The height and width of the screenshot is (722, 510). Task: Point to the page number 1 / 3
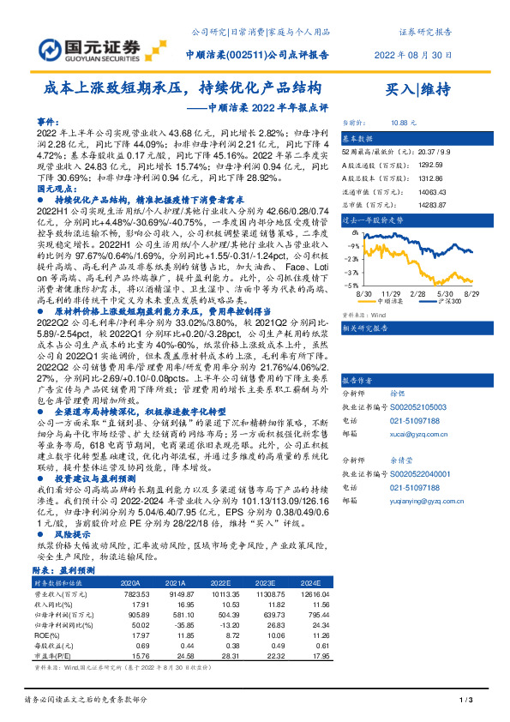467,701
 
